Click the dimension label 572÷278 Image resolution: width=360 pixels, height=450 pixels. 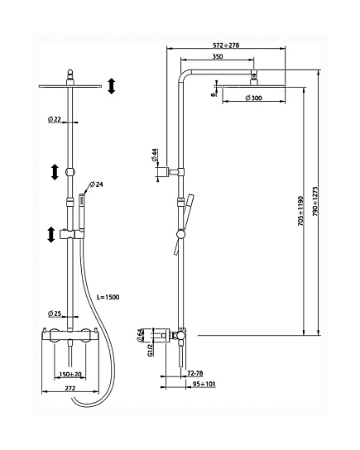226,45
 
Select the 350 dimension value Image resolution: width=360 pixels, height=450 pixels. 218,56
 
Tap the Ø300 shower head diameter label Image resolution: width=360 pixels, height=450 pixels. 254,98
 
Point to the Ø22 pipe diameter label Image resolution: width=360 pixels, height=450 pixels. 55,119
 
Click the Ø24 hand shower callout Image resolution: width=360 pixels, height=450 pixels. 96,184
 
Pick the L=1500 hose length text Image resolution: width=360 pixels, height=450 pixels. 108,297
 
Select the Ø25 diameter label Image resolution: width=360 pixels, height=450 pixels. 55,314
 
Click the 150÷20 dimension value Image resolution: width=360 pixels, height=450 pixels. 70,374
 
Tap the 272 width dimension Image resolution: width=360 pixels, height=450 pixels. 70,388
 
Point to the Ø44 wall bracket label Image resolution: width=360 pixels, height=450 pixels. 155,155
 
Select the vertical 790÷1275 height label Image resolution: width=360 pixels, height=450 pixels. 315,201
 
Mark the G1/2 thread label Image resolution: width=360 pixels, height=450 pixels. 150,350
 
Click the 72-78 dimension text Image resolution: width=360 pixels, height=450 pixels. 195,373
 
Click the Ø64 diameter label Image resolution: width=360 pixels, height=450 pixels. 140,335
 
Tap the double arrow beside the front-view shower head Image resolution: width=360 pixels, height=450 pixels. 112,86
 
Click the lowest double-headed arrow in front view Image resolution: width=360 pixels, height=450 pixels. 51,234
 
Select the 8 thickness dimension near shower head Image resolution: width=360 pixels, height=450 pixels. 213,93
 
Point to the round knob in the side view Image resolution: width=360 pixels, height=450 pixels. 181,234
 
